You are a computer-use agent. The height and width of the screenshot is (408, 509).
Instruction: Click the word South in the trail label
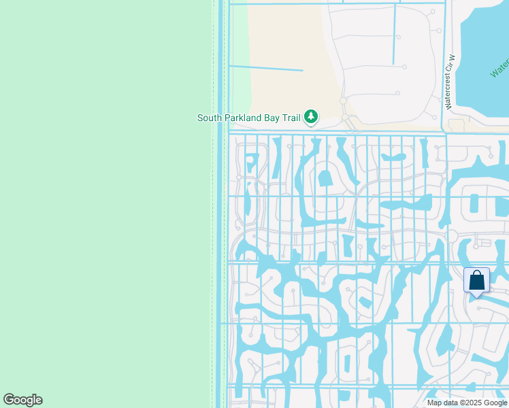point(210,118)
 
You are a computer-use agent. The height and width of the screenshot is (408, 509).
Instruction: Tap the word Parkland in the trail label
point(243,118)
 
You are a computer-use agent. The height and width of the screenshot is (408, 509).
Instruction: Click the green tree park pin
point(311,117)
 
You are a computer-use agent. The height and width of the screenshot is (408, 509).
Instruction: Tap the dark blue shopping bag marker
point(476,281)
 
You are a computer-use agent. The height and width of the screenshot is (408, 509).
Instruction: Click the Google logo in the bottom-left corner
point(22,400)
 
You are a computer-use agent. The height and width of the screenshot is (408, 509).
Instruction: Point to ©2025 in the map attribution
point(470,403)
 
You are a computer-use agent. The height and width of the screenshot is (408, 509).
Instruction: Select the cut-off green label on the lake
point(500,68)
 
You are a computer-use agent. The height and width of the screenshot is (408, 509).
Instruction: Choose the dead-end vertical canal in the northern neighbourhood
point(394,34)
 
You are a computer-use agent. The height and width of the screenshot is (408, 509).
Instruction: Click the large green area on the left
point(102,204)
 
